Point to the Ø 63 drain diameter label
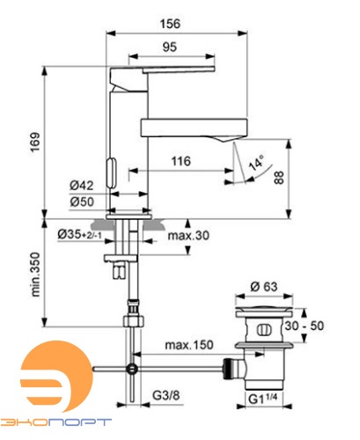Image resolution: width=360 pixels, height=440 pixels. coord(264,286)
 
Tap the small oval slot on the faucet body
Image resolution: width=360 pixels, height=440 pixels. coord(111,168)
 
